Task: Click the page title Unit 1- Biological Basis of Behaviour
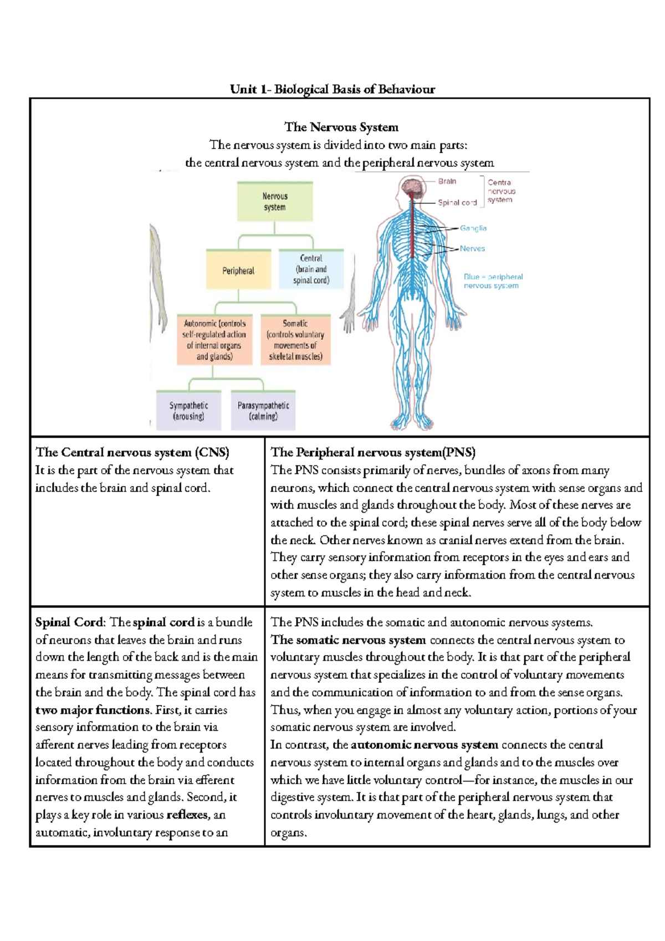(332, 89)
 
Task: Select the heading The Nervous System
(341, 127)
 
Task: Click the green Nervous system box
(275, 202)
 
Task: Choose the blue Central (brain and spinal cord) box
(311, 269)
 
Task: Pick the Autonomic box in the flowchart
(214, 340)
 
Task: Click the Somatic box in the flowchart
(295, 340)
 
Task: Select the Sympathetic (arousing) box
(188, 411)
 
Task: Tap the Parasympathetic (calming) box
(263, 411)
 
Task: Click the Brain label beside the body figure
(447, 181)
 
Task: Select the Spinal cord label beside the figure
(457, 203)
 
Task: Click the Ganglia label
(473, 228)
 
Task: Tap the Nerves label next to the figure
(472, 249)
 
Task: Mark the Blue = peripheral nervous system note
(493, 281)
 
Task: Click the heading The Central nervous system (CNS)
(132, 453)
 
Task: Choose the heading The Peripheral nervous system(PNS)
(373, 453)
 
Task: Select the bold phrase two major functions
(92, 710)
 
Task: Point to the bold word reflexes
(188, 815)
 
